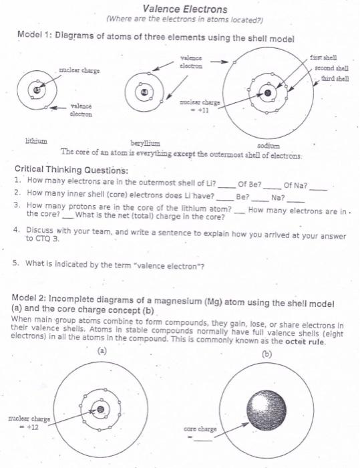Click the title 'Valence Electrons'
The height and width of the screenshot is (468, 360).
pos(185,9)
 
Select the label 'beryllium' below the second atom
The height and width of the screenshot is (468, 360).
pos(144,143)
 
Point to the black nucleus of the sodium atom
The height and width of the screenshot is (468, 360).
pos(267,95)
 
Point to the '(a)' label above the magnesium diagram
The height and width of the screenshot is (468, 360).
pos(102,350)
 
